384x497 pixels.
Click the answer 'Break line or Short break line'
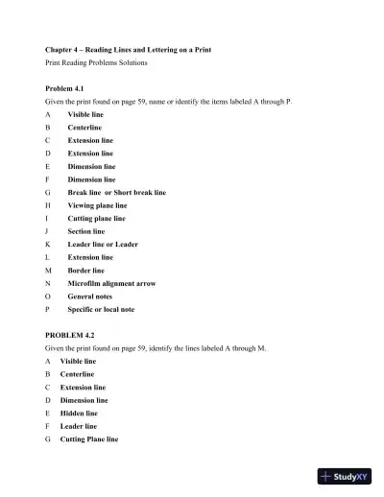click(x=116, y=192)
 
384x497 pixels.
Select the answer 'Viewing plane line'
click(x=97, y=205)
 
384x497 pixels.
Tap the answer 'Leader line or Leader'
click(x=103, y=245)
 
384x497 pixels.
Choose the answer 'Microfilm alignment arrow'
click(x=110, y=284)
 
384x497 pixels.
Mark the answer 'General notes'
click(x=89, y=296)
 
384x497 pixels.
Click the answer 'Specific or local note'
click(x=101, y=310)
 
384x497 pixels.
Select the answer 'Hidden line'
click(x=79, y=414)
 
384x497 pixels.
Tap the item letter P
click(x=48, y=310)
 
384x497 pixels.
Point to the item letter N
click(x=48, y=284)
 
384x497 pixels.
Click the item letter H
click(x=48, y=205)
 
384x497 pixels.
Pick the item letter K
click(x=48, y=245)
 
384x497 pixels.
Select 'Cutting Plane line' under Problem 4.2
click(x=89, y=439)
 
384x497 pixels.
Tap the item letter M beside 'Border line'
click(x=48, y=271)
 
